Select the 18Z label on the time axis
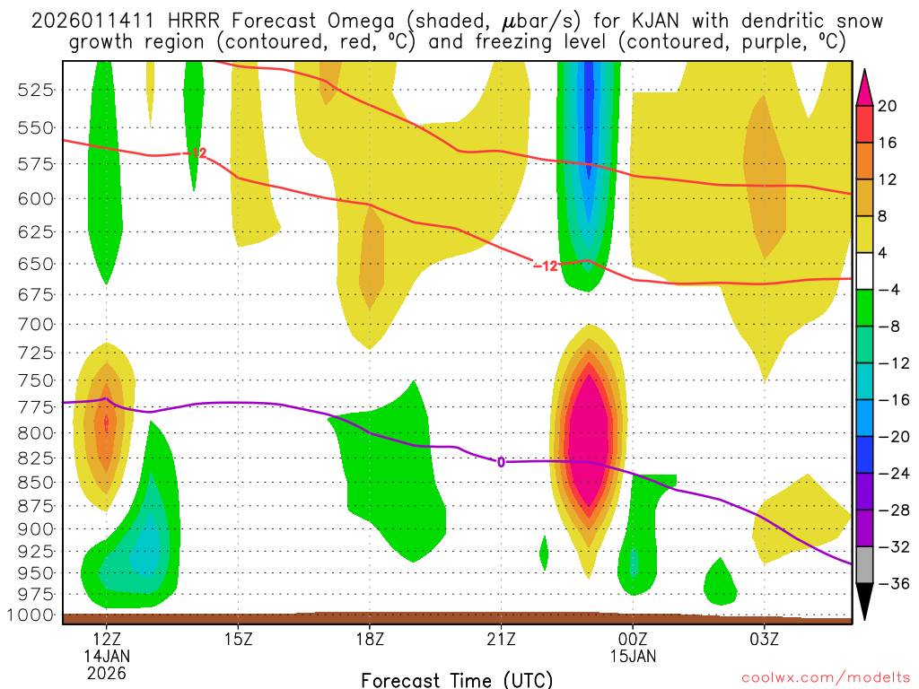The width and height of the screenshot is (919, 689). (x=370, y=640)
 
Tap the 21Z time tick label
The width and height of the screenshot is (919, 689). (x=501, y=640)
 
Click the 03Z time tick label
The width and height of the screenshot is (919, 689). (x=764, y=640)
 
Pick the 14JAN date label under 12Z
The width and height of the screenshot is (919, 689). (x=107, y=656)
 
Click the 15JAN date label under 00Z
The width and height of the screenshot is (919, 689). (x=633, y=656)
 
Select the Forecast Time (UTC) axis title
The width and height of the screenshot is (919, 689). (x=457, y=679)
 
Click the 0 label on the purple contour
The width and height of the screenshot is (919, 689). (x=501, y=462)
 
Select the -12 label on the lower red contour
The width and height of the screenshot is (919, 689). (x=546, y=266)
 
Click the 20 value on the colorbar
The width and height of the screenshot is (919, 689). (x=888, y=106)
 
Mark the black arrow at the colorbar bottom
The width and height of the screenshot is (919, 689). (x=864, y=601)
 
